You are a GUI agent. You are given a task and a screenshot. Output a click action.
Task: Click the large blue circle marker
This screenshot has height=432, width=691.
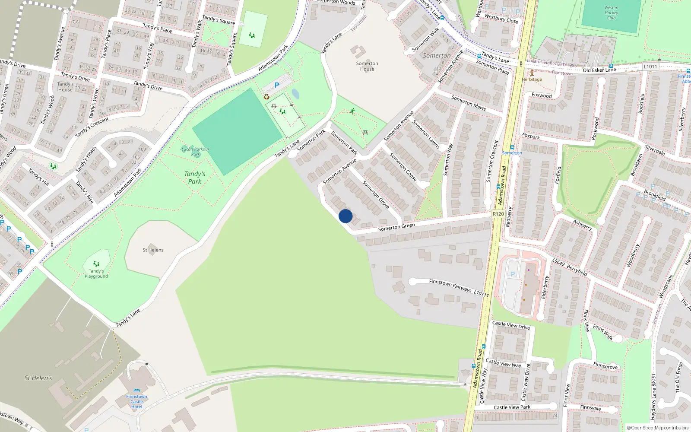[345, 216]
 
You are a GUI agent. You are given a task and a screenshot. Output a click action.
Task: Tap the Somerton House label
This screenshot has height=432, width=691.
[367, 66]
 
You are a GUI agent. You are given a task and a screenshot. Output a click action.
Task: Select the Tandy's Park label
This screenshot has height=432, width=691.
[195, 178]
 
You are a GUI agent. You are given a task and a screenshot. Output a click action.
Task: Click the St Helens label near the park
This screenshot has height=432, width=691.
[153, 250]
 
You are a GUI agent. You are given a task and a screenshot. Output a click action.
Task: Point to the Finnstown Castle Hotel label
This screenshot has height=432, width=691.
[136, 401]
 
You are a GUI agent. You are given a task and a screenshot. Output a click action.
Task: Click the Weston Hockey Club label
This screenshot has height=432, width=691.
[611, 13]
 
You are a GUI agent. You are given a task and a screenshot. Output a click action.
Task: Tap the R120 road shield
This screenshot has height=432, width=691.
[498, 214]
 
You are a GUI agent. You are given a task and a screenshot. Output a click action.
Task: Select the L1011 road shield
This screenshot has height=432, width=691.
[650, 67]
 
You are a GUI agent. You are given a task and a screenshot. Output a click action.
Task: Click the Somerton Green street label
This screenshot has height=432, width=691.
[396, 227]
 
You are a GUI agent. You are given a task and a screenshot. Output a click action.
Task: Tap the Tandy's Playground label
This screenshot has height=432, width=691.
[96, 273]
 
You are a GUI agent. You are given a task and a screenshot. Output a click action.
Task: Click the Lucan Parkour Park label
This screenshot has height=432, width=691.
[196, 151]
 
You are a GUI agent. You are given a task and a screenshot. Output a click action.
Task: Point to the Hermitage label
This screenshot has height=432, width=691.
[532, 79]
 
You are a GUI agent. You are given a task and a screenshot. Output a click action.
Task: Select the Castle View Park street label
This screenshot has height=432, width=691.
[512, 407]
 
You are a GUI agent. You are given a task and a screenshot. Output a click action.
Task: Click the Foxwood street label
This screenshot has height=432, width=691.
[542, 95]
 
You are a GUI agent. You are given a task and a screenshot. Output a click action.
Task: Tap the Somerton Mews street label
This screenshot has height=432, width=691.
[469, 103]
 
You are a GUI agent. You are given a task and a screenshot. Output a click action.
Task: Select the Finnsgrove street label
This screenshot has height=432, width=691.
[605, 366]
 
